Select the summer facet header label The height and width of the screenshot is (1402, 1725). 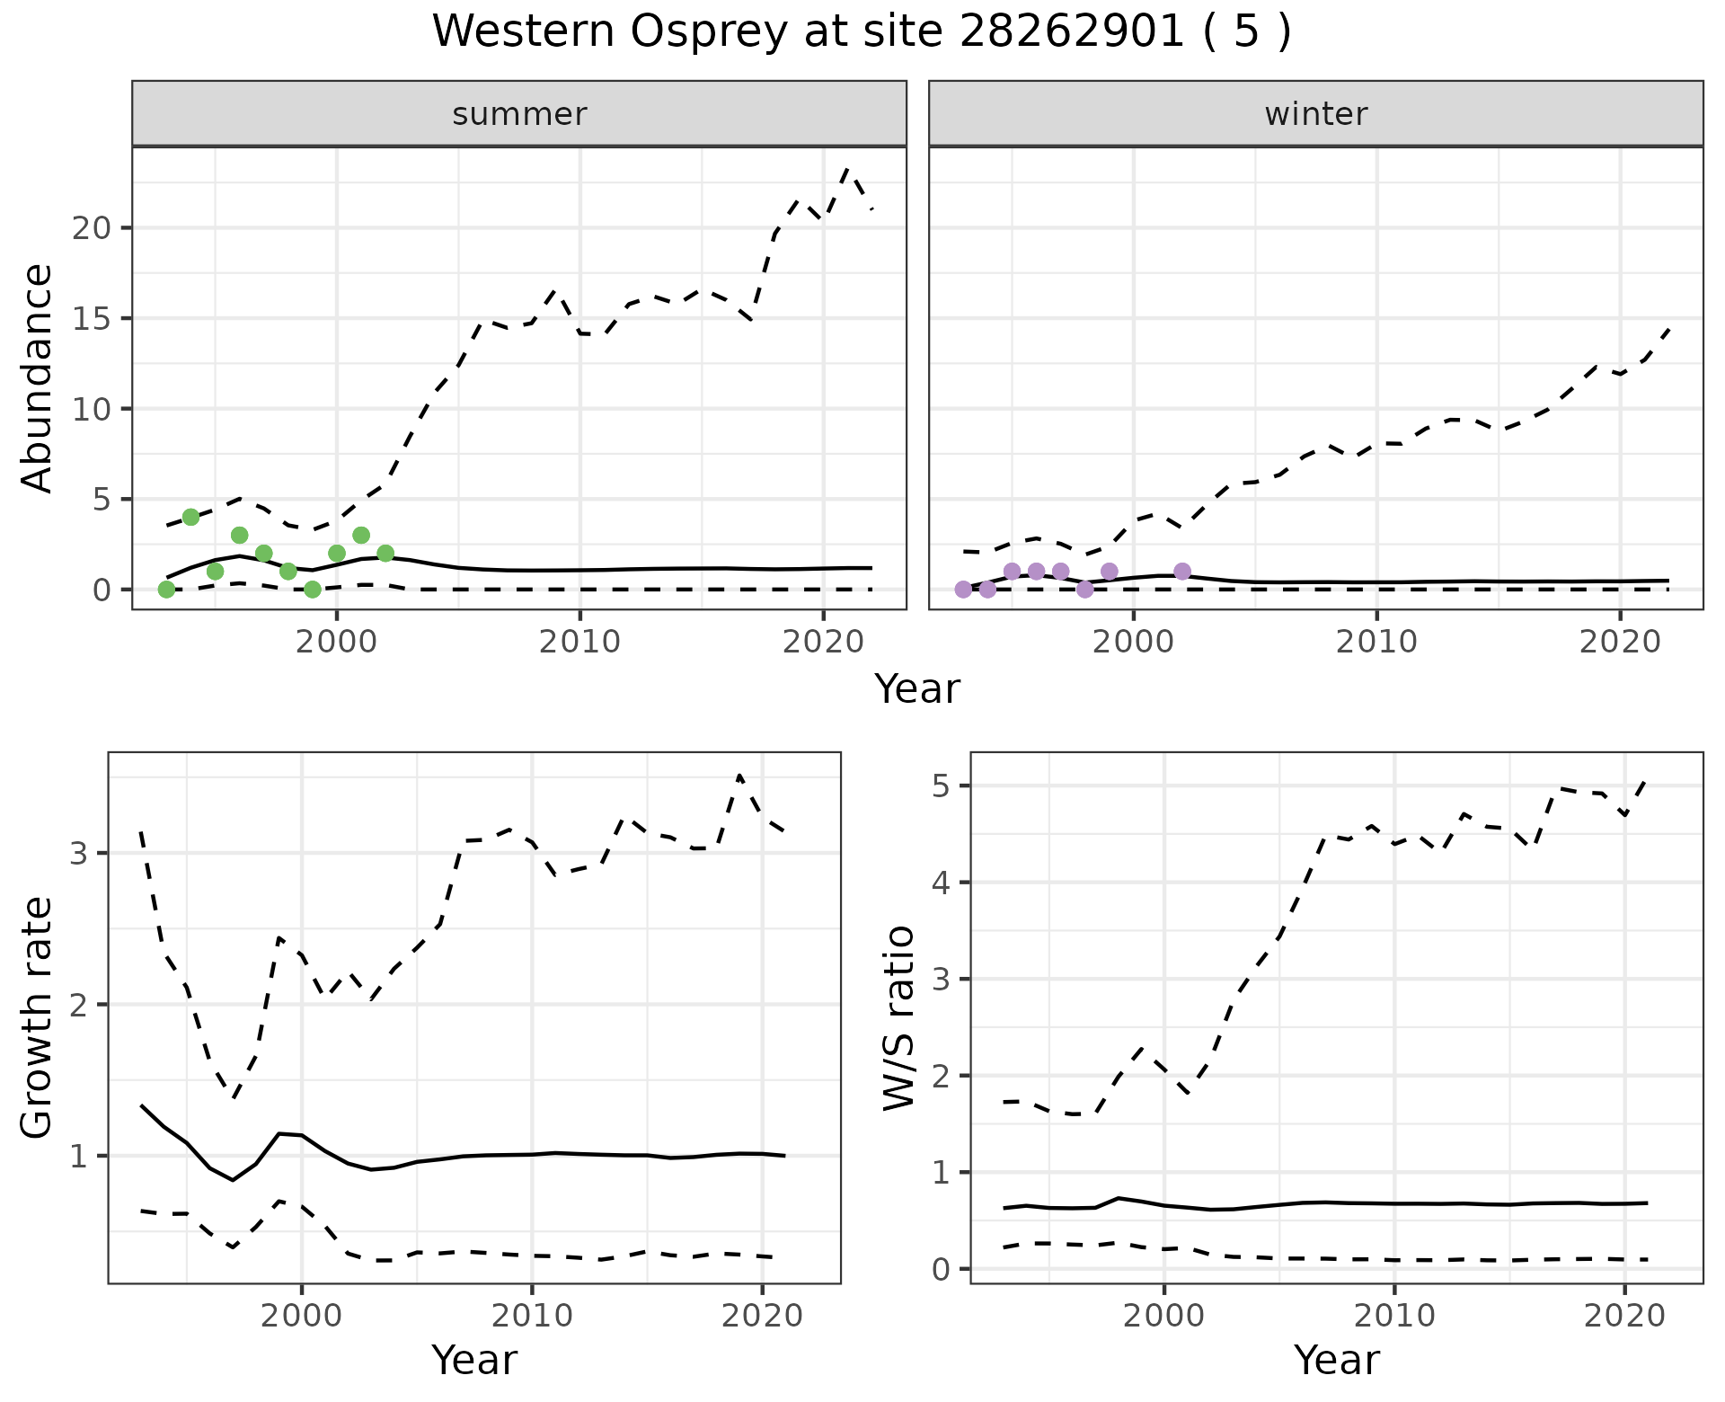point(519,114)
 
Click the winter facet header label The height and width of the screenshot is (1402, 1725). point(1315,114)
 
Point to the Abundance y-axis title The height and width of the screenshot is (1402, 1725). point(38,377)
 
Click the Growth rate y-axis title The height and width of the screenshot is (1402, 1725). point(38,1017)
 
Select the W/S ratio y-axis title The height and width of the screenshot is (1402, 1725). point(899,1017)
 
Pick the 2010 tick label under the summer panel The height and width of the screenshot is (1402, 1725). point(579,642)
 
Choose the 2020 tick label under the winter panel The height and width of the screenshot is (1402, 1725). point(1620,642)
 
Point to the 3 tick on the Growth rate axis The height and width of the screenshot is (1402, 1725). point(78,853)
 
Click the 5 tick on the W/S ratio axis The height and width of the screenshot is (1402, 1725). point(941,786)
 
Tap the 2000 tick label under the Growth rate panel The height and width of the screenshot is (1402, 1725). point(302,1317)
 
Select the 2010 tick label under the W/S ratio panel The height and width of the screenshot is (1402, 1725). point(1394,1317)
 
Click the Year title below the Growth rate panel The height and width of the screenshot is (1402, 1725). point(474,1361)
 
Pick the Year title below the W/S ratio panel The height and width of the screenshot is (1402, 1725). point(1337,1361)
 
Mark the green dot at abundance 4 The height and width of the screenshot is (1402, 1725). point(190,517)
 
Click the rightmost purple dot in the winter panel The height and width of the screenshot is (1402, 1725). point(1182,572)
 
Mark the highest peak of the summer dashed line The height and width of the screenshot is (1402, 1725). point(847,167)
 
